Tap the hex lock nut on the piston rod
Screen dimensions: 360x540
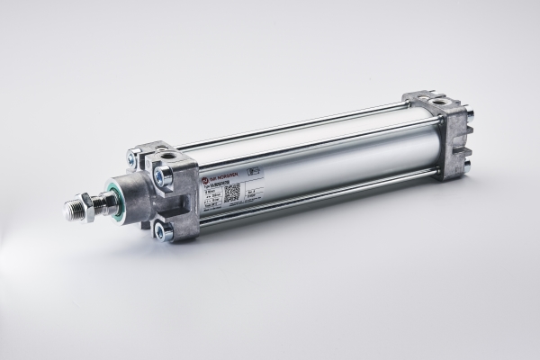point(91,205)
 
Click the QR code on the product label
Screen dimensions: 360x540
point(232,192)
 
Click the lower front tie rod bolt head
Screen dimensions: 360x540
point(162,231)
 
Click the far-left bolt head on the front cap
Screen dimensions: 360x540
point(133,160)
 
